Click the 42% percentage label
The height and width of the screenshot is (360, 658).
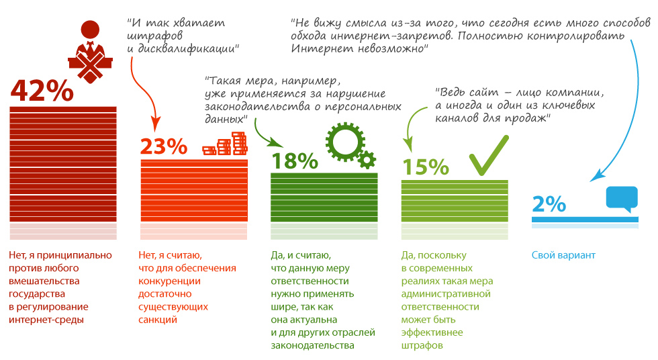click(42, 91)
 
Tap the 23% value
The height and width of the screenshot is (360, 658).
click(163, 146)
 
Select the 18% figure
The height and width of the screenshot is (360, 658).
click(293, 161)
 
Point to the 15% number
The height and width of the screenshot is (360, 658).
click(424, 167)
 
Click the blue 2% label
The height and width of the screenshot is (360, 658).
click(548, 204)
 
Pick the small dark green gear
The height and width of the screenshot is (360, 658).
click(366, 160)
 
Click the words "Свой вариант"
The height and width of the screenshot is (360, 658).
click(563, 255)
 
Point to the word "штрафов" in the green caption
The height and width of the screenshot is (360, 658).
click(422, 345)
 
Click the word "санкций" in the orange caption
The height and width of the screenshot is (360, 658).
click(157, 320)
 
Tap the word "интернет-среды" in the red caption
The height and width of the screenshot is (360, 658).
click(47, 320)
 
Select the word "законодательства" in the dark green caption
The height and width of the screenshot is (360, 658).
click(312, 345)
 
